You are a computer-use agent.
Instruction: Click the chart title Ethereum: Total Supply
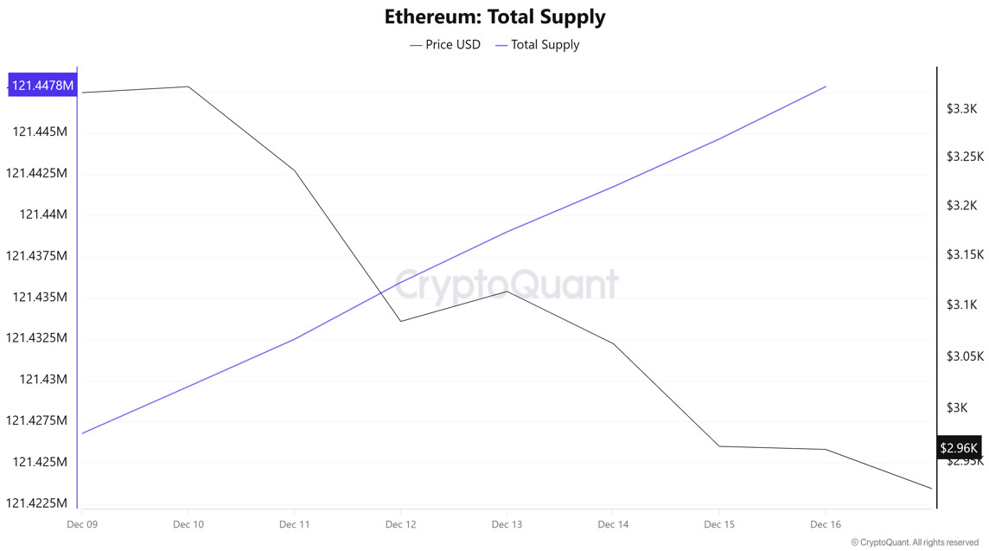[494, 16]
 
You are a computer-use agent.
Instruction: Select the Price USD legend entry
[444, 44]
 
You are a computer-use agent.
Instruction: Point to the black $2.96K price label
[959, 447]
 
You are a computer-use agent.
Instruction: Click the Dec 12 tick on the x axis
[400, 524]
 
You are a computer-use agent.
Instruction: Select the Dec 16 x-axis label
[825, 524]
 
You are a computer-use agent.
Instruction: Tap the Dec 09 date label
[81, 524]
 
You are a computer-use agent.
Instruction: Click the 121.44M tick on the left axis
[43, 215]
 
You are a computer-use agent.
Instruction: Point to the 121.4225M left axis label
[37, 503]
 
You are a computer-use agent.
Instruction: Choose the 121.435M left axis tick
[40, 297]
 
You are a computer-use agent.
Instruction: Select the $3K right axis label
[956, 407]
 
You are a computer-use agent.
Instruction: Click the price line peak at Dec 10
[188, 86]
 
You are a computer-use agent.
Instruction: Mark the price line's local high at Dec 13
[507, 292]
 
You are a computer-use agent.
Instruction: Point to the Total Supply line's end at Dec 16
[826, 86]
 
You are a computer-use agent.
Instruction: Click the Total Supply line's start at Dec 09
[82, 433]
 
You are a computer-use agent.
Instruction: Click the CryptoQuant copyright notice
[915, 542]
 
